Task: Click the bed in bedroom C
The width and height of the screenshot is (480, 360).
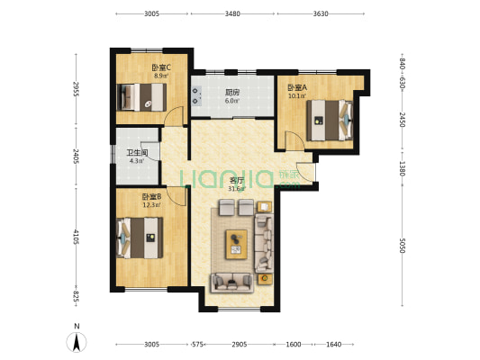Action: click(x=142, y=97)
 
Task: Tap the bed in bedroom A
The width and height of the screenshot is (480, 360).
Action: click(x=330, y=121)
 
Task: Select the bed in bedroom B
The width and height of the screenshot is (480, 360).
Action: click(x=140, y=238)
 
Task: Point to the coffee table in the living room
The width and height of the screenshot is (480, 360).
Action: click(x=236, y=245)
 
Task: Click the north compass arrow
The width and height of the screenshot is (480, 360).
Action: click(x=77, y=342)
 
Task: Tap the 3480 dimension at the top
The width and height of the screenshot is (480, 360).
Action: click(x=232, y=13)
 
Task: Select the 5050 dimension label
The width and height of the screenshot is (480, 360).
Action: click(x=403, y=246)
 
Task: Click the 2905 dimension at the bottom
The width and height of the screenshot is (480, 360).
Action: click(x=239, y=345)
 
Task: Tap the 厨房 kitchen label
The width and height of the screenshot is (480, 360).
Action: click(x=232, y=92)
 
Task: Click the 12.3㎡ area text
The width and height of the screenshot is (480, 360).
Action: click(x=152, y=204)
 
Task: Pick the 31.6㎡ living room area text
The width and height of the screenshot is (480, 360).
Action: click(x=237, y=188)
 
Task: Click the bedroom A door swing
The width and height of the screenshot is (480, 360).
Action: click(x=294, y=139)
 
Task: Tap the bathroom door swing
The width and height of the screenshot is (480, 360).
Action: click(x=150, y=151)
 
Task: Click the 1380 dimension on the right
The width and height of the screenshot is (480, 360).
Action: click(x=403, y=168)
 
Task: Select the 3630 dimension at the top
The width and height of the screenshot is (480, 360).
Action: click(x=321, y=13)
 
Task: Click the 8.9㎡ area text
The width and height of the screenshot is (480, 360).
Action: click(x=161, y=76)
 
